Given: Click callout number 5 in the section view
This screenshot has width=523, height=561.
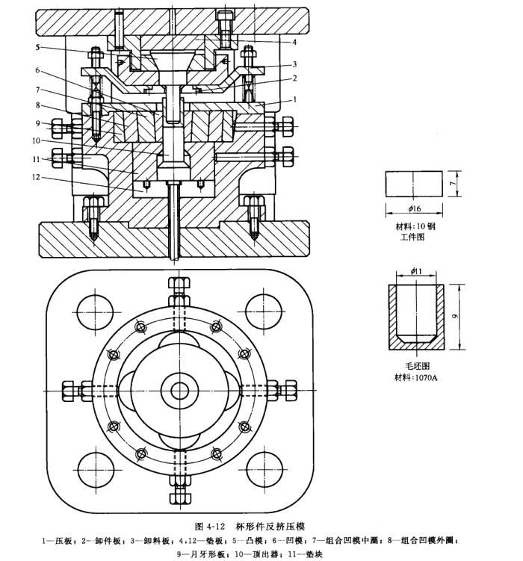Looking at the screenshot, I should tap(37, 47).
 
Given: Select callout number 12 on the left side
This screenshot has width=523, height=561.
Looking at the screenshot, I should tap(37, 178).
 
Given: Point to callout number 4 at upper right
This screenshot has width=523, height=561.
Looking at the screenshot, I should tap(294, 42).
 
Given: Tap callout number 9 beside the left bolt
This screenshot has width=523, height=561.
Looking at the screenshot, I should tap(37, 123).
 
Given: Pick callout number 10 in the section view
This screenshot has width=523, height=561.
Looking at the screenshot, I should tap(37, 139).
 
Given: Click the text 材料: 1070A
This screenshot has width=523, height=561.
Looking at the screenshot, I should tap(416, 378).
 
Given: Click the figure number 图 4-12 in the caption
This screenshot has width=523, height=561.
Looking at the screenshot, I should tap(214, 525).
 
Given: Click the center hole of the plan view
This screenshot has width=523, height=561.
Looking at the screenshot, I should tap(179, 390).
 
